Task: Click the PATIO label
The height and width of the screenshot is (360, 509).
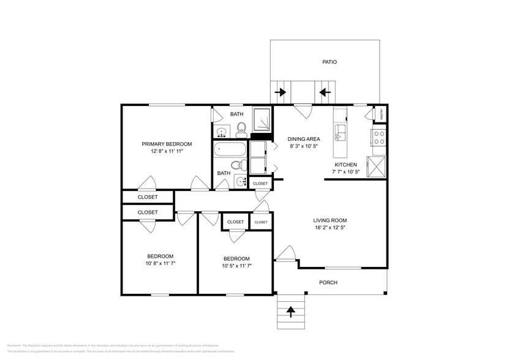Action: pyautogui.click(x=330, y=62)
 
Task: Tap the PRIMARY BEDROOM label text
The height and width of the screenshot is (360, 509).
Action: pyautogui.click(x=167, y=144)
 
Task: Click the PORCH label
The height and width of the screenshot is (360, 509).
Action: pyautogui.click(x=328, y=282)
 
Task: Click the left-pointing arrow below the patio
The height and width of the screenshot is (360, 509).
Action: pyautogui.click(x=324, y=93)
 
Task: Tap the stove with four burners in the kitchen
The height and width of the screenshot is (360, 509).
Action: pyautogui.click(x=379, y=137)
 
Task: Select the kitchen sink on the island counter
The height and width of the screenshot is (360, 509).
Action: pyautogui.click(x=341, y=130)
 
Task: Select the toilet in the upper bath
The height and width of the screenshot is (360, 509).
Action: pyautogui.click(x=241, y=129)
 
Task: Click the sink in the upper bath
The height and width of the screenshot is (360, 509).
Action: pyautogui.click(x=221, y=132)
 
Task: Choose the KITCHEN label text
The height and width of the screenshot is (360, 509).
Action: pyautogui.click(x=345, y=165)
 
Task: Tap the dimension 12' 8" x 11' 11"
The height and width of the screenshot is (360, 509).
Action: pyautogui.click(x=167, y=152)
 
